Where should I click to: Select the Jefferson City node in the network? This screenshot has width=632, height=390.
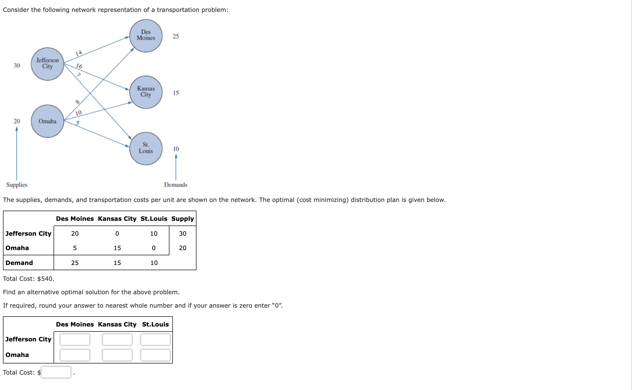pyautogui.click(x=47, y=64)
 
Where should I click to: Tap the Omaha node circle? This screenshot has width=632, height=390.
pyautogui.click(x=47, y=121)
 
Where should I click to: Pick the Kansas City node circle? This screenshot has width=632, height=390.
pyautogui.click(x=146, y=92)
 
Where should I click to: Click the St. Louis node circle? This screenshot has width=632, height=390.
pyautogui.click(x=146, y=148)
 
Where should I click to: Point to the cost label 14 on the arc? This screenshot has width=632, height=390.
pyautogui.click(x=78, y=53)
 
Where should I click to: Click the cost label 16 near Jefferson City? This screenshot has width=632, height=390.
pyautogui.click(x=79, y=66)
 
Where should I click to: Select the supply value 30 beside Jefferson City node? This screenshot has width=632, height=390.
pyautogui.click(x=17, y=65)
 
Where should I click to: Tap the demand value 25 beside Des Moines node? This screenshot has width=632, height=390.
pyautogui.click(x=176, y=36)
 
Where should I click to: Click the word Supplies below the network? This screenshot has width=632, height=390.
pyautogui.click(x=17, y=185)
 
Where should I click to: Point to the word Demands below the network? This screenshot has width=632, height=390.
pyautogui.click(x=176, y=185)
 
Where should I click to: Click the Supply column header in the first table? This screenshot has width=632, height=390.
pyautogui.click(x=182, y=219)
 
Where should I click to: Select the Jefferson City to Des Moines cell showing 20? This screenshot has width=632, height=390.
pyautogui.click(x=75, y=233)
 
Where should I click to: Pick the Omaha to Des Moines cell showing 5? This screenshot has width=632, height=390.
pyautogui.click(x=75, y=248)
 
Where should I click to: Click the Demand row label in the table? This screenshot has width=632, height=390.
pyautogui.click(x=19, y=262)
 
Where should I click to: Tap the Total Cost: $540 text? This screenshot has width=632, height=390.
pyautogui.click(x=28, y=279)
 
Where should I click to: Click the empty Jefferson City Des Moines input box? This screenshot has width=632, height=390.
pyautogui.click(x=75, y=339)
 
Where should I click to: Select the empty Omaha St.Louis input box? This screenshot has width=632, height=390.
pyautogui.click(x=155, y=355)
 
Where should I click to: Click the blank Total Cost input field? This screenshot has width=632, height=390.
pyautogui.click(x=56, y=372)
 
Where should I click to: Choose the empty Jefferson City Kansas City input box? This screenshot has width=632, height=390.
pyautogui.click(x=117, y=339)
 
